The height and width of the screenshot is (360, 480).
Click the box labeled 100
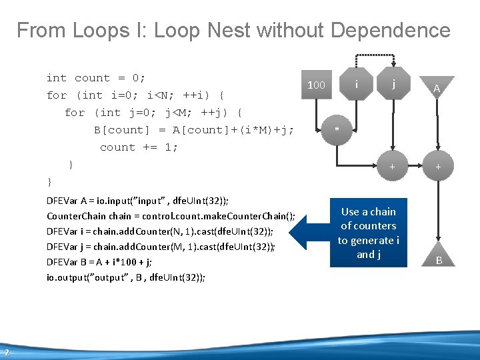316,85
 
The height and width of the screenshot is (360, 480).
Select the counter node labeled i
358,85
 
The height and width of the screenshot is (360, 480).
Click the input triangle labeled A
437,87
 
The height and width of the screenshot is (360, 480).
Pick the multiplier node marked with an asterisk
337,129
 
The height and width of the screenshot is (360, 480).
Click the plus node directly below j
393,166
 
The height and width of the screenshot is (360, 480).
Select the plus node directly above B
438,166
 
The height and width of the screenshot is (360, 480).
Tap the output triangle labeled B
439,258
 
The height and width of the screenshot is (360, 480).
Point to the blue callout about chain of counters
369,233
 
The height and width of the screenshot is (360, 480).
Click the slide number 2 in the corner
7,353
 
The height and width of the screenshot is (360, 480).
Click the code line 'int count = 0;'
96,78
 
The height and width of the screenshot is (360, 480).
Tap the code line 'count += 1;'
139,147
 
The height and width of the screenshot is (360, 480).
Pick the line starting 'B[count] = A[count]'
194,130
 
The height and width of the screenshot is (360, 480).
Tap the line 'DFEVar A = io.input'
137,201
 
